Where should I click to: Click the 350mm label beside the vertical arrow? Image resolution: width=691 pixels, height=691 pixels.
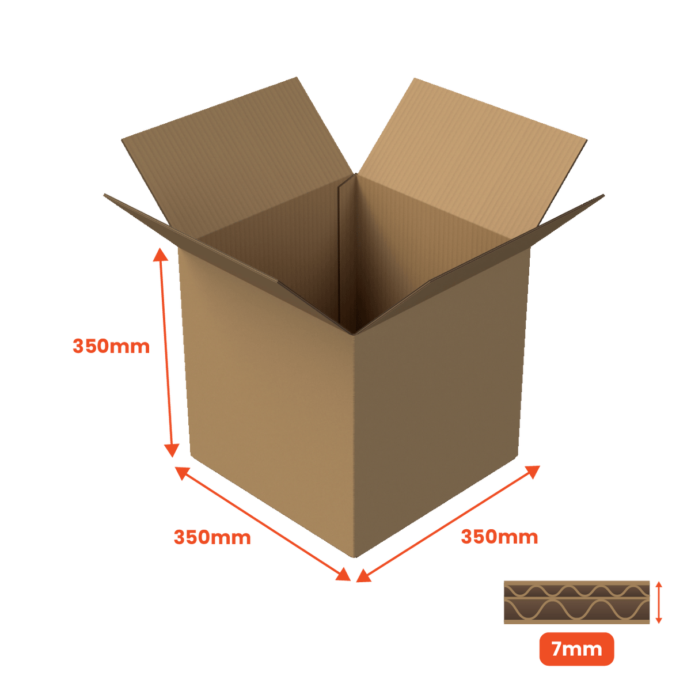pyautogui.click(x=111, y=347)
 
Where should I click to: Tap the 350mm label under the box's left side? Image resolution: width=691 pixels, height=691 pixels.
pyautogui.click(x=212, y=537)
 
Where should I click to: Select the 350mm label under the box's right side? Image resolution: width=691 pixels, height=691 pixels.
pyautogui.click(x=499, y=537)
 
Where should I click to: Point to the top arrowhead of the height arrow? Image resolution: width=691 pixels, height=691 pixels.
pyautogui.click(x=160, y=254)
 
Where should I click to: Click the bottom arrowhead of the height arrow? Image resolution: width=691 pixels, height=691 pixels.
pyautogui.click(x=172, y=450)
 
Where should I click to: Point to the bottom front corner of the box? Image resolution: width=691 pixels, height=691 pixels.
pyautogui.click(x=355, y=557)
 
